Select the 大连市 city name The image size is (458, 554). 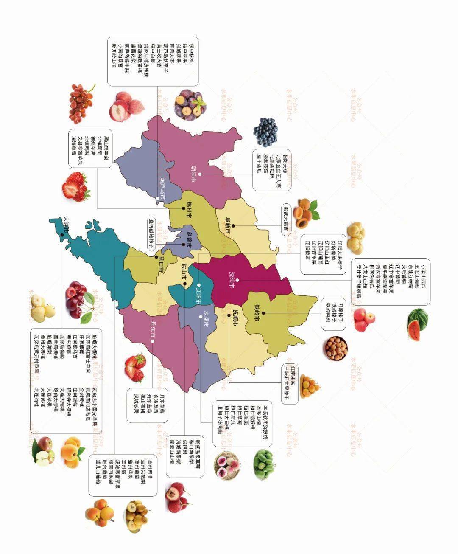pos(66,225)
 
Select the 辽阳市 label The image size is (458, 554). pos(198,293)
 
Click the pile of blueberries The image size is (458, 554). pos(266,132)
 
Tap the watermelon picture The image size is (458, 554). pos(417,324)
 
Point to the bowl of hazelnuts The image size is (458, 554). pos(336,348)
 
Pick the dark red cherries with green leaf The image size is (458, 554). pos(79,299)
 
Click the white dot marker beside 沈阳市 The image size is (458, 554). pos(237,280)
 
